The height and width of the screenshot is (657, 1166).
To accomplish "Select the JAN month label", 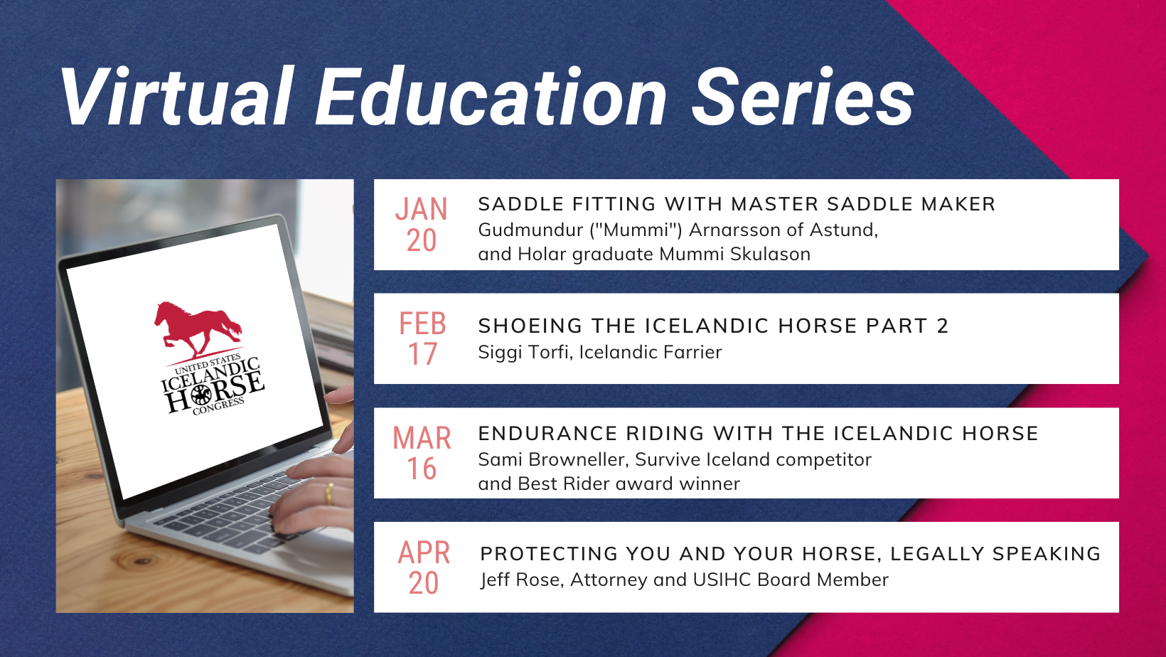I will [x=421, y=209].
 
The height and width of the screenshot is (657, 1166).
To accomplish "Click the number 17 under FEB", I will [x=422, y=354].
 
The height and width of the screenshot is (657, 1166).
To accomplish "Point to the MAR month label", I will [x=422, y=438].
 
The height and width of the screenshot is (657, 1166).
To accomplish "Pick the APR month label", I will [x=424, y=552].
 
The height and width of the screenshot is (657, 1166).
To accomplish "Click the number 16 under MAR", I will [x=422, y=469].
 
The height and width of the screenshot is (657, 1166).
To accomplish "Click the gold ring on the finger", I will [x=328, y=493].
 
